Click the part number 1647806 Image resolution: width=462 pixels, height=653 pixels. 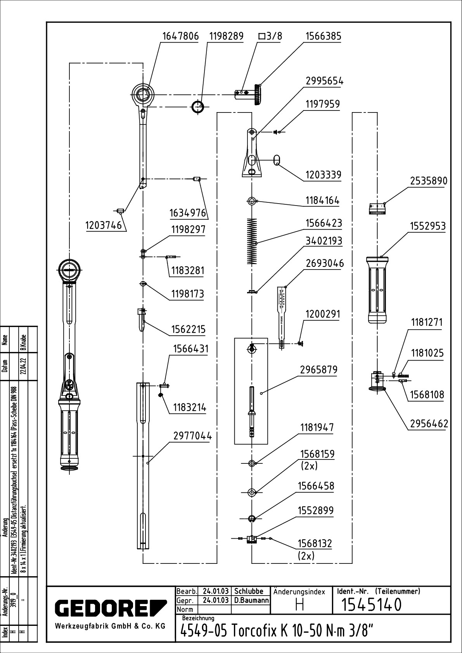click(180, 36)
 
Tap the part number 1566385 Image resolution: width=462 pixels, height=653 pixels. click(323, 36)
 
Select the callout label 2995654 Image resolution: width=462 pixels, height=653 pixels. click(324, 81)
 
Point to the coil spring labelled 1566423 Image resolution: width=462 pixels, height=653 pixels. click(252, 241)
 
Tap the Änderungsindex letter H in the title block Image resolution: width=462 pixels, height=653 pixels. click(299, 605)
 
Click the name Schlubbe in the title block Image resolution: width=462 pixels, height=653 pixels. click(249, 591)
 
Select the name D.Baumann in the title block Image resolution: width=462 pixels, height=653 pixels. click(251, 600)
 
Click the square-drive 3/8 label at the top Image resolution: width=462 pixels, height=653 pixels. click(270, 36)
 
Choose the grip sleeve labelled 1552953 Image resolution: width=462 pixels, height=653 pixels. click(377, 290)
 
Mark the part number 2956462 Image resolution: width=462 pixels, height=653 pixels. click(429, 424)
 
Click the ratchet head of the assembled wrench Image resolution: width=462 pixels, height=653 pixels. click(70, 268)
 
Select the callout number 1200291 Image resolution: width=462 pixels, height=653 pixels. click(322, 314)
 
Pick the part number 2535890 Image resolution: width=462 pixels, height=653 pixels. click(428, 181)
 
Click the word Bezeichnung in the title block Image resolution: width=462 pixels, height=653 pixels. click(198, 618)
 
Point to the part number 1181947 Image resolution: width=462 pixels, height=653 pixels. click(317, 427)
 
